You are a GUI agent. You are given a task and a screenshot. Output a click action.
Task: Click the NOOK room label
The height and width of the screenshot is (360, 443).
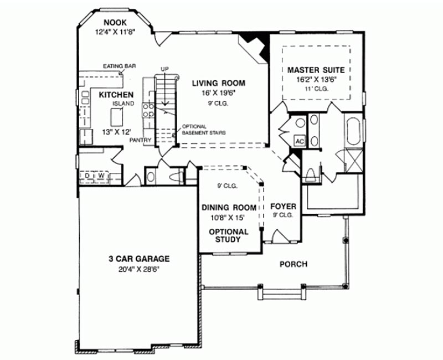[x=115, y=22]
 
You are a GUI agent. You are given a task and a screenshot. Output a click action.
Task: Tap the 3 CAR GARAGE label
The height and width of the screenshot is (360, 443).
[x=140, y=259]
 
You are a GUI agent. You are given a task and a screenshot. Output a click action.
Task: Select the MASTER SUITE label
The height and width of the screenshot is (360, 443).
[x=316, y=70]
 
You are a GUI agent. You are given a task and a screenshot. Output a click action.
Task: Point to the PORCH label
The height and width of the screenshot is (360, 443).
[x=293, y=264]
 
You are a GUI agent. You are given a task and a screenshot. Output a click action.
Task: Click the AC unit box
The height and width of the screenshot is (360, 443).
[x=300, y=141]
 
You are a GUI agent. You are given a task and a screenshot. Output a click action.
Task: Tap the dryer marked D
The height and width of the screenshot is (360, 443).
[x=87, y=176]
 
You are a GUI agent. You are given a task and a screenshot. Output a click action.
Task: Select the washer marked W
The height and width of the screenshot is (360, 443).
[x=101, y=176]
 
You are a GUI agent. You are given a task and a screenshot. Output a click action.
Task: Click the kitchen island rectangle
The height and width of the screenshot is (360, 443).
[x=116, y=117]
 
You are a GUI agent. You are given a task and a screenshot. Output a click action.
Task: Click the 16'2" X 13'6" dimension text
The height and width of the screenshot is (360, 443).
[x=316, y=80]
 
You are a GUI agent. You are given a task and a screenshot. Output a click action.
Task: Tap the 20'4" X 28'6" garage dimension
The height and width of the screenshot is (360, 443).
[x=140, y=269]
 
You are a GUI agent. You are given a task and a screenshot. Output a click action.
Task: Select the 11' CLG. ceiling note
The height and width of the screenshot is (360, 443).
[x=316, y=89]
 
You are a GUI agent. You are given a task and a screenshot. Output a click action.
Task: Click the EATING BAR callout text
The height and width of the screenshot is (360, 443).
[x=119, y=66]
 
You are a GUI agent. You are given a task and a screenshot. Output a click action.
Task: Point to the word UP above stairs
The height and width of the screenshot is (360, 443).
[x=164, y=69]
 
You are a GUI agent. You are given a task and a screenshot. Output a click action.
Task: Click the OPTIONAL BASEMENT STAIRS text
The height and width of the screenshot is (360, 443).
[x=204, y=130]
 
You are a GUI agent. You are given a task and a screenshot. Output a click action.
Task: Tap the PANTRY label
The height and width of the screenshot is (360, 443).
[x=141, y=140]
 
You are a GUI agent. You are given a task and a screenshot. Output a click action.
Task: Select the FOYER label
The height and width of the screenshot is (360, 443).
[x=284, y=207]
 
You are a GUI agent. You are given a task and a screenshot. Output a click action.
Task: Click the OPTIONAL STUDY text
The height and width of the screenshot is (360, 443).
[x=228, y=236]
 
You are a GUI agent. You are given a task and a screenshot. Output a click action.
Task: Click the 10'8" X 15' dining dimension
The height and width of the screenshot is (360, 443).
[x=228, y=218]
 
